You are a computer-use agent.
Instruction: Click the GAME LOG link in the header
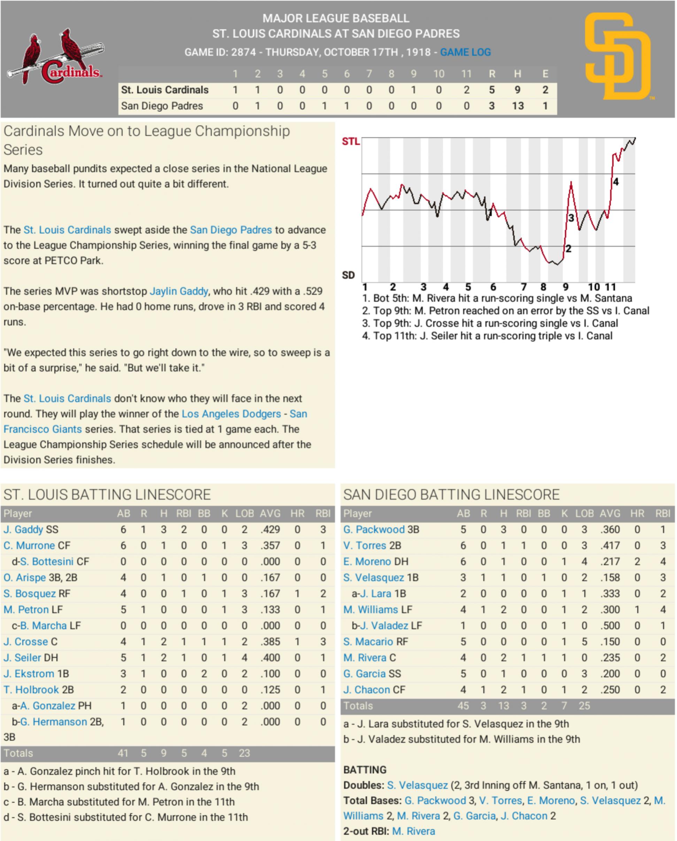click(465, 52)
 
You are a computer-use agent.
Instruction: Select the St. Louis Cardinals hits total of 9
click(517, 90)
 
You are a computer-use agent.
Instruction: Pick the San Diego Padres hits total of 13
click(517, 106)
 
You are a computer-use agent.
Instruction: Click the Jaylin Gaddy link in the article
click(179, 291)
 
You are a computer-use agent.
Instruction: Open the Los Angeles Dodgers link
click(231, 414)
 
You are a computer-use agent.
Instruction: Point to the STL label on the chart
click(351, 141)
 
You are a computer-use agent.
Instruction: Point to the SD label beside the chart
click(348, 275)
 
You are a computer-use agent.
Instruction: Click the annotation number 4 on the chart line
click(615, 182)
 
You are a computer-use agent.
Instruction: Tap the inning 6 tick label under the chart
click(493, 288)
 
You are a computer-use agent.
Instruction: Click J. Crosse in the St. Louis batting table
click(26, 642)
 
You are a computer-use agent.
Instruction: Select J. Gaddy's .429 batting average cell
click(270, 530)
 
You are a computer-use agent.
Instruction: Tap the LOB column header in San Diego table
click(584, 514)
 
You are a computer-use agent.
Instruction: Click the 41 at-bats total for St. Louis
click(123, 753)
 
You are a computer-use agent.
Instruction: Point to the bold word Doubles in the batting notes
click(364, 785)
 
